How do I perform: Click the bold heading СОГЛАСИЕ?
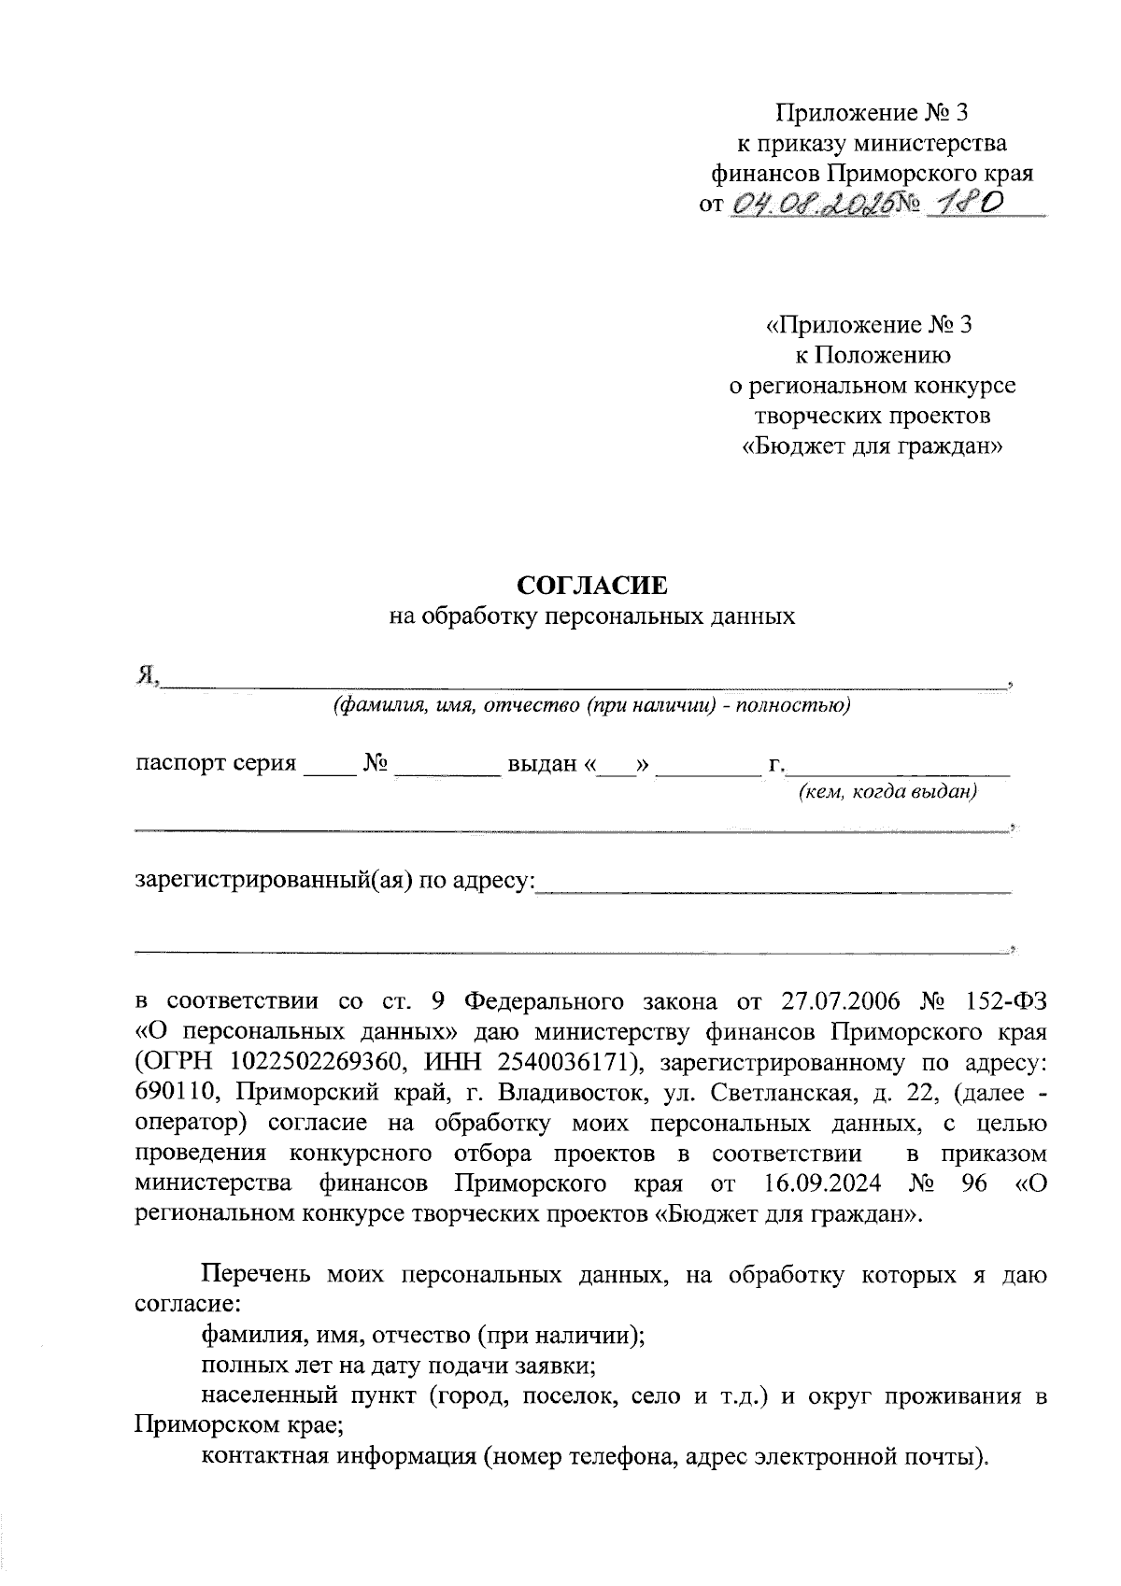593,586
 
